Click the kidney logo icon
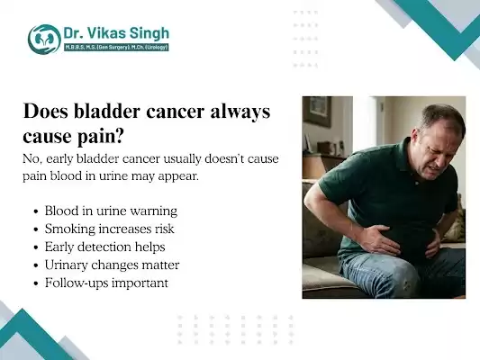(x=44, y=39)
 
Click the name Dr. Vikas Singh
(x=114, y=33)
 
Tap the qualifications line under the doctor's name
(x=114, y=48)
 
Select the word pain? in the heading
(x=92, y=137)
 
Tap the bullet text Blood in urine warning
(x=111, y=211)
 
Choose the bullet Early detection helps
(x=104, y=247)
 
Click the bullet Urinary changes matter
(x=112, y=265)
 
